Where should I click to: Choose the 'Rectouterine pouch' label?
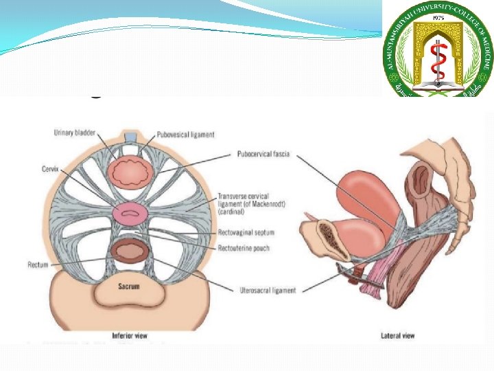coord(243,247)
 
